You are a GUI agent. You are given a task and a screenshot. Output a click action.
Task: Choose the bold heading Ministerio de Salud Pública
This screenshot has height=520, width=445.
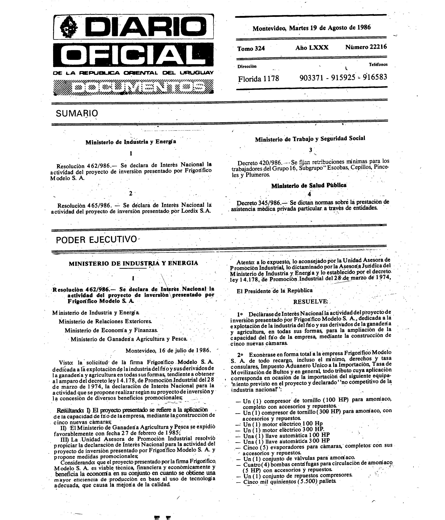pyautogui.click(x=309, y=186)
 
